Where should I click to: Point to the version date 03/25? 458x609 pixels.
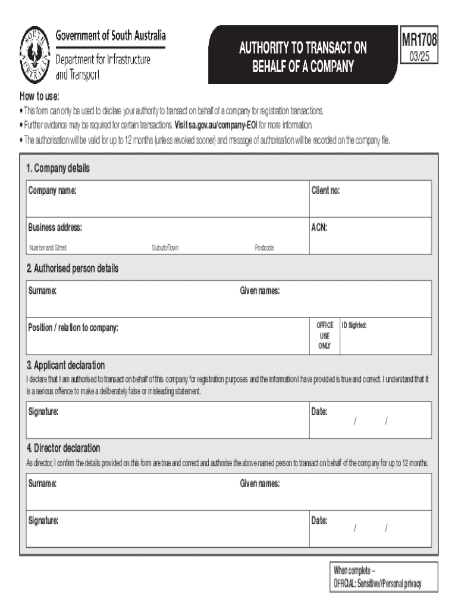[x=420, y=58]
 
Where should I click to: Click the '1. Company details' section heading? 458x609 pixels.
[x=58, y=168]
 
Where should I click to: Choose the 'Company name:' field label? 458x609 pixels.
[x=52, y=191]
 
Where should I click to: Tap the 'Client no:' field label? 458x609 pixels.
[x=325, y=191]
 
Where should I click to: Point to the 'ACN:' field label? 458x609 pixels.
[x=319, y=228]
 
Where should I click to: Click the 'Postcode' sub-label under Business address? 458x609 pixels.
[x=264, y=247]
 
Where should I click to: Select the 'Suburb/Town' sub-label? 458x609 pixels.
[x=165, y=247]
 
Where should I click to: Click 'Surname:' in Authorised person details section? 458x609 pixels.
[x=42, y=291]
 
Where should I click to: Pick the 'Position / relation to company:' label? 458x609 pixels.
[x=73, y=328]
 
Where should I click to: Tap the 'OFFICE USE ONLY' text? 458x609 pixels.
[x=325, y=335]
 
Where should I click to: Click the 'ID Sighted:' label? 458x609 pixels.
[x=354, y=325]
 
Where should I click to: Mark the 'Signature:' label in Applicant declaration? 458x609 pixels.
[x=43, y=412]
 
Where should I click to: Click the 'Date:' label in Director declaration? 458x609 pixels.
[x=319, y=521]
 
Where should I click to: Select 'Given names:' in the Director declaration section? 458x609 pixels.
[x=260, y=484]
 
